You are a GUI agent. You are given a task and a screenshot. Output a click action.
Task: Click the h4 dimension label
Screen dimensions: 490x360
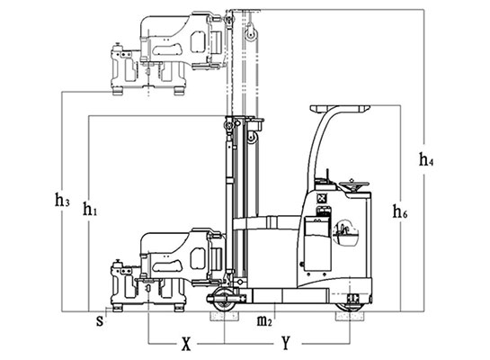point(426,159)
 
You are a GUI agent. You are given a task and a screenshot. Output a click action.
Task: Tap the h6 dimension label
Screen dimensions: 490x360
point(400,211)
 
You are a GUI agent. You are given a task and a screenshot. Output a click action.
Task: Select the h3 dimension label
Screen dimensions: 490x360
point(62,200)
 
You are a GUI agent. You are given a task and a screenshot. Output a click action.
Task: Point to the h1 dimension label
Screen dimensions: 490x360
point(90,209)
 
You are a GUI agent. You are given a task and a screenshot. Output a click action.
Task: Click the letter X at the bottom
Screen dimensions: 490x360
point(186,344)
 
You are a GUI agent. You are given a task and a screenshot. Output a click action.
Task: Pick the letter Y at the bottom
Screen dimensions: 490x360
point(286,343)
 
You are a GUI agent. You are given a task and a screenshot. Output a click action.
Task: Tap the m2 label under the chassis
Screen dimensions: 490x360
point(264,321)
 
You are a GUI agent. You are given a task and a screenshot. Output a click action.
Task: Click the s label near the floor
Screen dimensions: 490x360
point(100,321)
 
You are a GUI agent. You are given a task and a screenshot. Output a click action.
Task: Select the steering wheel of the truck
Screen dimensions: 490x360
point(354,185)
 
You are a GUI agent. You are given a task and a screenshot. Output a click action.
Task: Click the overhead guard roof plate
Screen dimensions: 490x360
point(340,109)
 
